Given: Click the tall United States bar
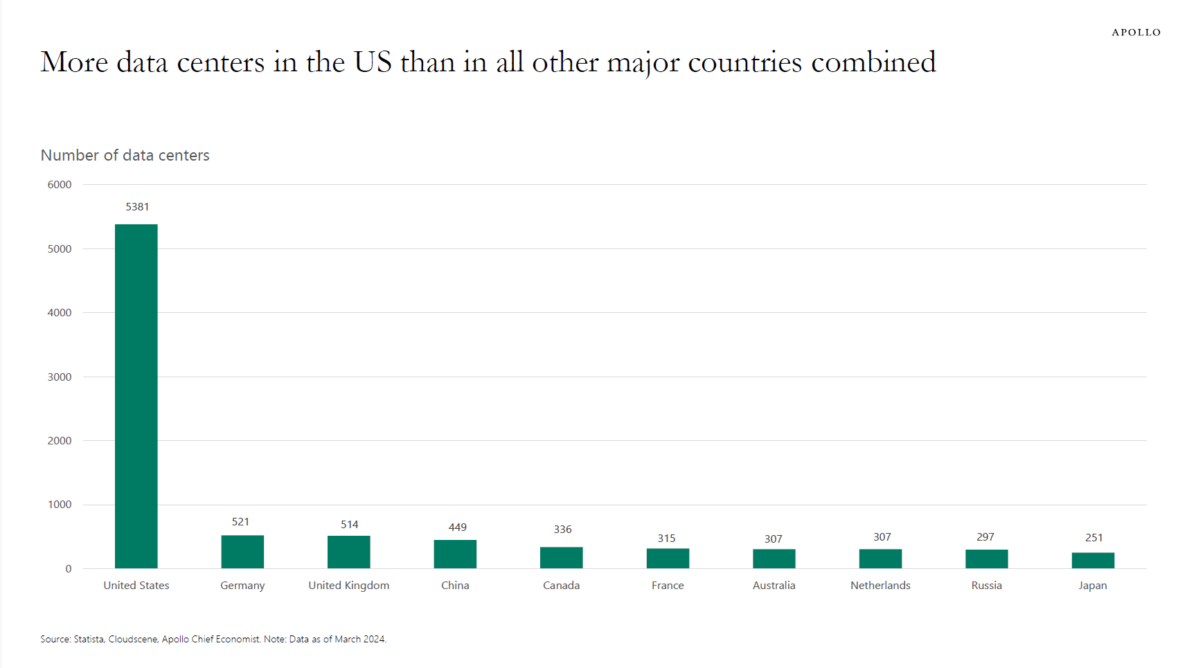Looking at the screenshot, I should pyautogui.click(x=136, y=396).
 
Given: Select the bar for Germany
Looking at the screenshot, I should pyautogui.click(x=242, y=552).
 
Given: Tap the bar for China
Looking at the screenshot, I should pyautogui.click(x=455, y=554).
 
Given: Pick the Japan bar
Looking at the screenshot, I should pyautogui.click(x=1093, y=560).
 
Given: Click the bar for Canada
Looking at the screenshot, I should pyautogui.click(x=561, y=557).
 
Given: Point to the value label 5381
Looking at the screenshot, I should pyautogui.click(x=137, y=206).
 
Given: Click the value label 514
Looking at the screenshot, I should pyautogui.click(x=349, y=524).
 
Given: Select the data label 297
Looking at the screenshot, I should pyautogui.click(x=985, y=536).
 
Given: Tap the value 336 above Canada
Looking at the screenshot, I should pyautogui.click(x=562, y=529).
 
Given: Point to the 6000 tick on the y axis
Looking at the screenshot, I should pyautogui.click(x=60, y=184).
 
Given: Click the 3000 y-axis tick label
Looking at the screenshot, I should pyautogui.click(x=60, y=377).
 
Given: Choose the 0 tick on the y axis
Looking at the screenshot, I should pyautogui.click(x=69, y=568).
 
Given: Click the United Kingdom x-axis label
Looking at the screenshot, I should pyautogui.click(x=348, y=585).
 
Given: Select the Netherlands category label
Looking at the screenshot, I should pyautogui.click(x=880, y=585).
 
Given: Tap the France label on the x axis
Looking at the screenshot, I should pyautogui.click(x=668, y=585).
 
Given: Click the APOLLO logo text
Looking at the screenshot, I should pyautogui.click(x=1136, y=32).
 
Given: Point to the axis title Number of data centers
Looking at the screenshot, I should pyautogui.click(x=125, y=155).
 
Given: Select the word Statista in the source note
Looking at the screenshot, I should pyautogui.click(x=89, y=639).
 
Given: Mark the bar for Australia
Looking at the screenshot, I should pyautogui.click(x=774, y=558).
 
